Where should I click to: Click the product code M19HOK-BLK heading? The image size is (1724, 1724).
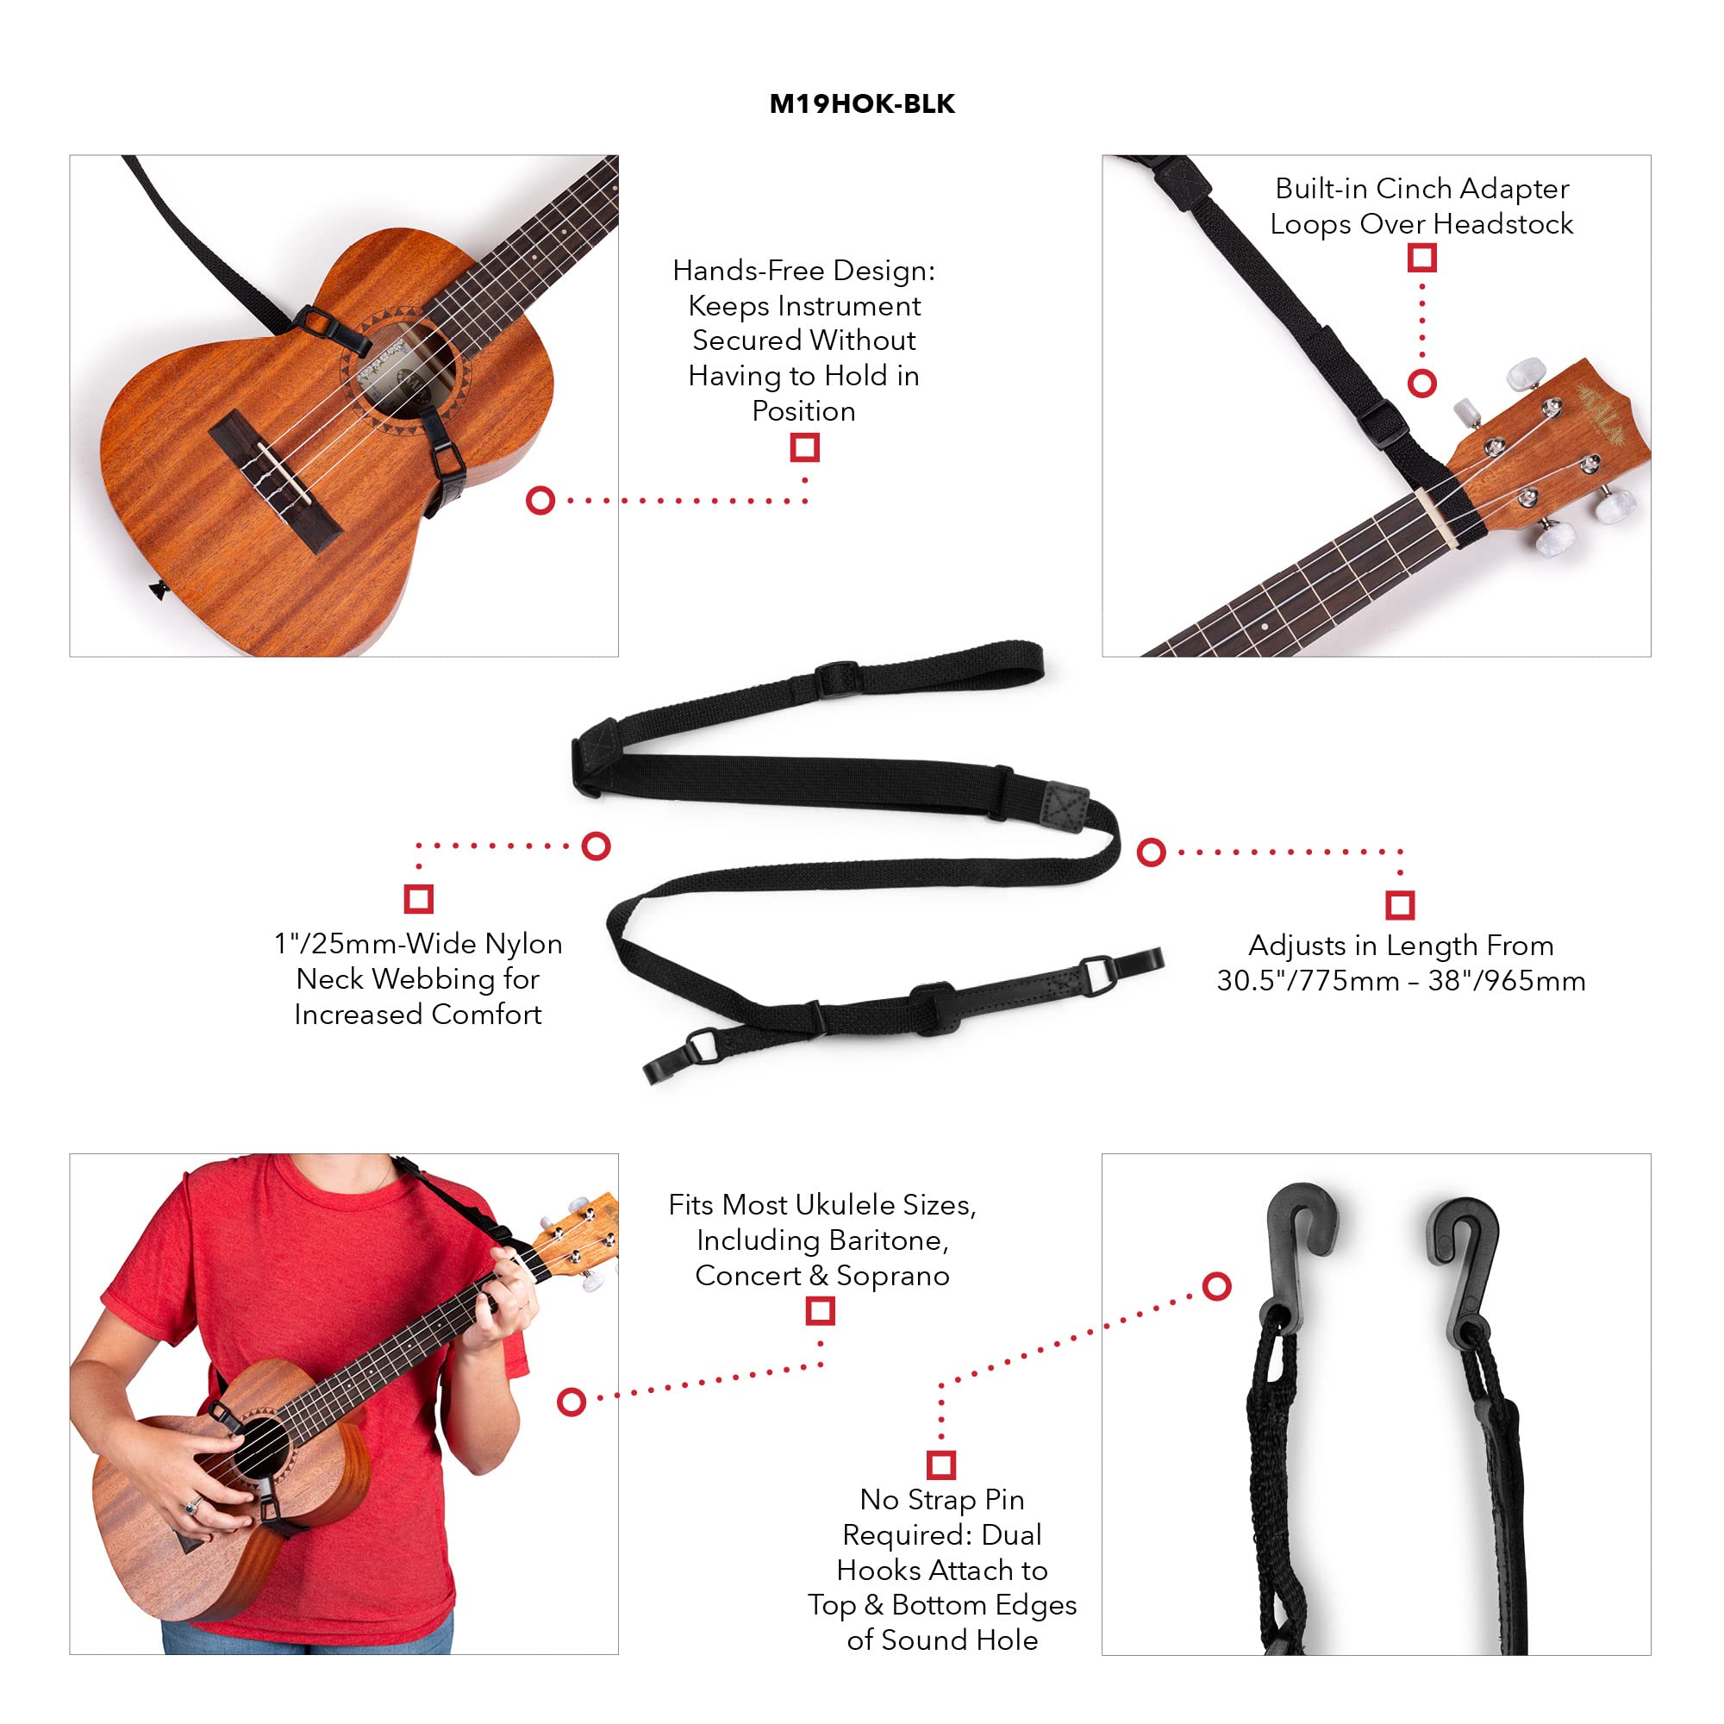pos(861,104)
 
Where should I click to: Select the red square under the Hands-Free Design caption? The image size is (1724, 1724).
pos(804,447)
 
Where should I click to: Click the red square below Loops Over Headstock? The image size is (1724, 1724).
pos(1421,258)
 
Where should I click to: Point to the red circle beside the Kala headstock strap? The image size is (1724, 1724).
pos(1421,384)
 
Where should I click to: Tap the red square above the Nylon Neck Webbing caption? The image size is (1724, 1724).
pos(419,897)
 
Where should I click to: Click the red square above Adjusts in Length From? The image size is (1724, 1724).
pos(1400,905)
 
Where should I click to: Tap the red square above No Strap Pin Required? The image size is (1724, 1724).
pos(941,1465)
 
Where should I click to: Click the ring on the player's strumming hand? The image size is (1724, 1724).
pos(190,1507)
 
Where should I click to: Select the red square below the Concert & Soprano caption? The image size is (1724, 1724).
pos(820,1311)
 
